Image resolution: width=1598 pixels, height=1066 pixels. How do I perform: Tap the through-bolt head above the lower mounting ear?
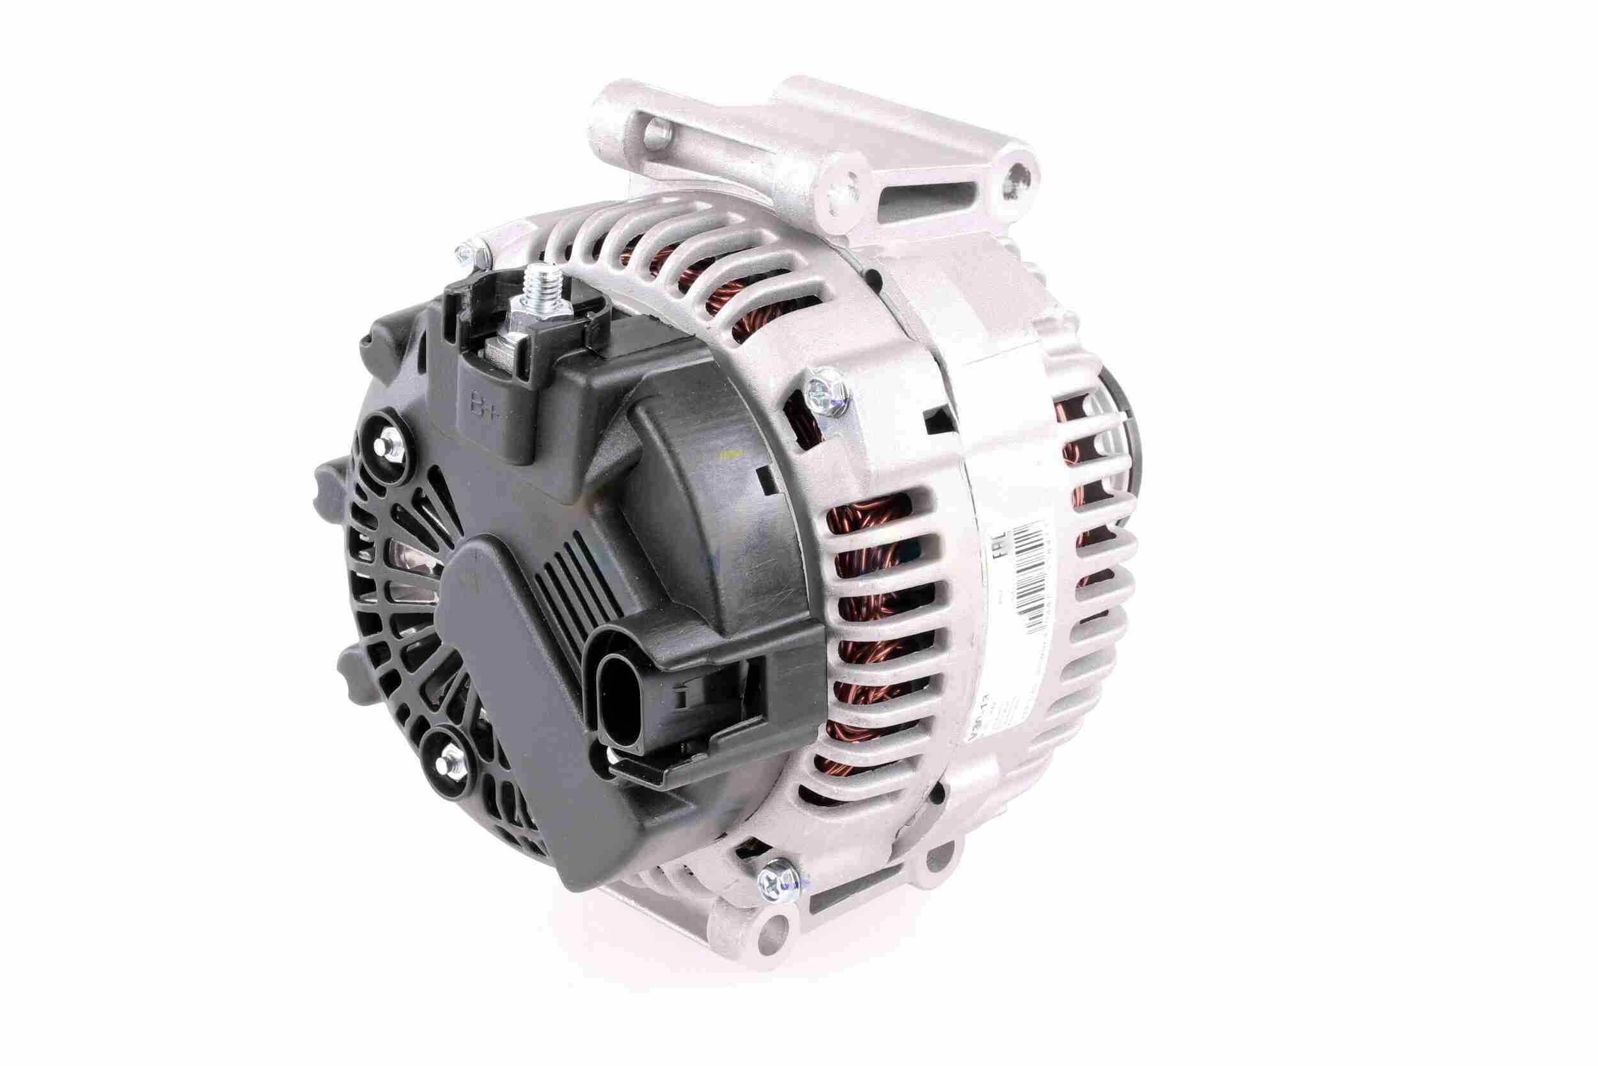pyautogui.click(x=776, y=884)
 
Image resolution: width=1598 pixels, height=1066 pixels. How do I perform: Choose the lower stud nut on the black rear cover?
pyautogui.click(x=445, y=754)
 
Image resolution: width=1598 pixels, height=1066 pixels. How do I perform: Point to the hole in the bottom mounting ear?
pyautogui.click(x=771, y=927)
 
